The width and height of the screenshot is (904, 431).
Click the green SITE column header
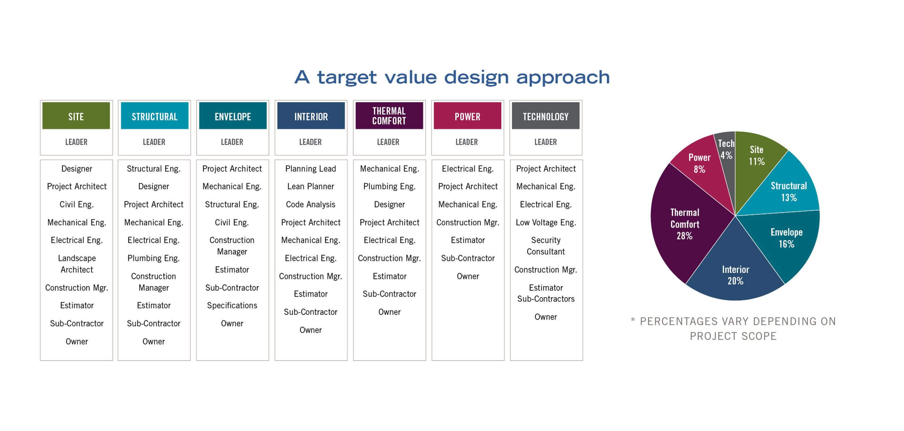pyautogui.click(x=76, y=116)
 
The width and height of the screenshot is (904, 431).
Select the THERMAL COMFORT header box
pyautogui.click(x=389, y=116)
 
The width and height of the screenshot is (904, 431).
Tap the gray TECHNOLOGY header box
pyautogui.click(x=546, y=116)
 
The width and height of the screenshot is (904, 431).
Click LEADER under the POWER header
pyautogui.click(x=466, y=142)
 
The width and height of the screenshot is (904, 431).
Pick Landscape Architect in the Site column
pyautogui.click(x=77, y=264)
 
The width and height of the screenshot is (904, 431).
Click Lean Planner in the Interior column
pyautogui.click(x=311, y=186)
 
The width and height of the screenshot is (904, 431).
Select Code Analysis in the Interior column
pyautogui.click(x=311, y=204)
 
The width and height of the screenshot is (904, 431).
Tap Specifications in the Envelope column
pyautogui.click(x=232, y=306)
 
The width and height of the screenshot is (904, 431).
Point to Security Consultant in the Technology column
pyautogui.click(x=546, y=246)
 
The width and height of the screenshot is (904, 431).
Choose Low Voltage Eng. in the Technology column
pyautogui.click(x=546, y=223)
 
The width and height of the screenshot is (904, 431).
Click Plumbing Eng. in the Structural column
pyautogui.click(x=154, y=258)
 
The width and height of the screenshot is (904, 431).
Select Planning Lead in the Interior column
pyautogui.click(x=311, y=169)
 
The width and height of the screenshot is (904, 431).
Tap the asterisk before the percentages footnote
pyautogui.click(x=633, y=320)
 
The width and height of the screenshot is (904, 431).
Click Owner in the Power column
pyautogui.click(x=468, y=276)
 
